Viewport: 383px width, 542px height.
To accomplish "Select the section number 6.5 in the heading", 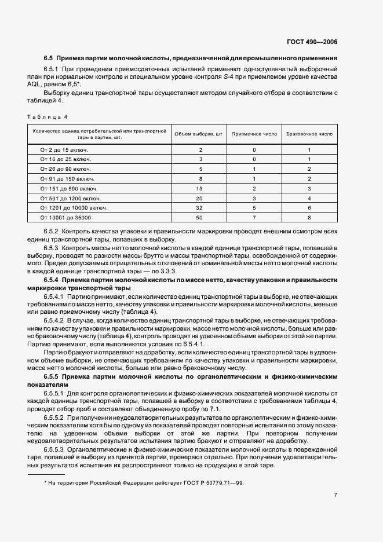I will pos(49,58).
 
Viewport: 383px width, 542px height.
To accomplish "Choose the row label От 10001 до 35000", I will pos(67,217).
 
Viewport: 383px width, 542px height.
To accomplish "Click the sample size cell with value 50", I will pos(199,217).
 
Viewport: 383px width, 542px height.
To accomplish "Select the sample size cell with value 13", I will pos(199,188).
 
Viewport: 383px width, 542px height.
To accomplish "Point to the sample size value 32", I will pos(199,207).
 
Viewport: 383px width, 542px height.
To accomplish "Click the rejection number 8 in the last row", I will pos(309,217).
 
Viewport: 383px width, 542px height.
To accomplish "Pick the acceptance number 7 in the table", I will pos(254,217).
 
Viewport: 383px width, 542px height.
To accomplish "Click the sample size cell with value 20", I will pos(199,197).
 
